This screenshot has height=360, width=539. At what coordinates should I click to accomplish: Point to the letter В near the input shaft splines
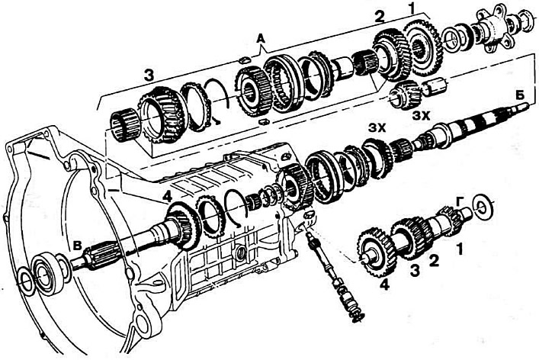coord(78,245)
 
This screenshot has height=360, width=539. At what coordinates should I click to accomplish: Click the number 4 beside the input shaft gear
coord(167,197)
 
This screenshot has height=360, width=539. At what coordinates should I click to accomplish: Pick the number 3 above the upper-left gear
coord(149,76)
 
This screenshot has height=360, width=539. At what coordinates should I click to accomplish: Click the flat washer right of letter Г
coord(483,206)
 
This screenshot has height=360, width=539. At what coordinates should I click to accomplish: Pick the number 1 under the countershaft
coord(460,249)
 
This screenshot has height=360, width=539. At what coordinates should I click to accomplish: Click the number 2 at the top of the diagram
coord(379,18)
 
